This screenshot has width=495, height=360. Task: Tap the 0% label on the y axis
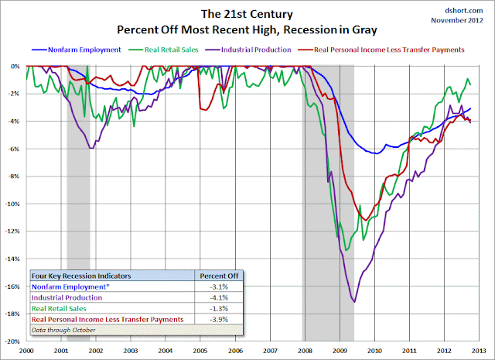point(15,67)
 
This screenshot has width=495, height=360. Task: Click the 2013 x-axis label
point(479,350)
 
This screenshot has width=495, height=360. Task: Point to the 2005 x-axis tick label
point(200,350)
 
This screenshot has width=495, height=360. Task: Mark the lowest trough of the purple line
point(354,301)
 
